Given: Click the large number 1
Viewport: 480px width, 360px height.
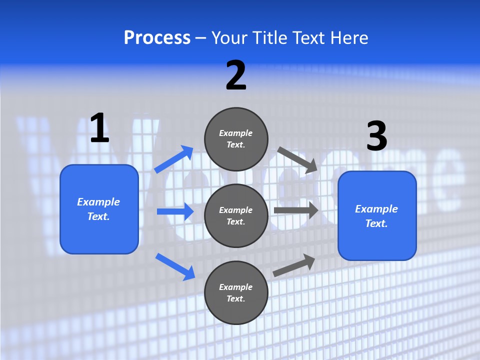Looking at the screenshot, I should point(99,128).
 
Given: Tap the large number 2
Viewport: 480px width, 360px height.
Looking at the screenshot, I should point(236,75).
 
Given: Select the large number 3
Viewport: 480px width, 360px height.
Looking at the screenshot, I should point(376,136).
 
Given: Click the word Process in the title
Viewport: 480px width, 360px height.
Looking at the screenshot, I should point(157,37).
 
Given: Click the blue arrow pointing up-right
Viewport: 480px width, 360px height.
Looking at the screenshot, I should point(174,159).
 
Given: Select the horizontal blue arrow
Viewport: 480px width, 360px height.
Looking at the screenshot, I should point(175,211).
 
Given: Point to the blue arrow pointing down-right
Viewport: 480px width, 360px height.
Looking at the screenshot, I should point(175,266).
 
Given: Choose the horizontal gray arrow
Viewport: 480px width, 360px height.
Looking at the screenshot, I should point(296,210).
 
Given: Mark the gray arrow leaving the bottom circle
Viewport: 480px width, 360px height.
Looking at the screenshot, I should point(294,265).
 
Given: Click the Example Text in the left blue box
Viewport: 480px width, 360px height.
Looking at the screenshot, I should point(98,209).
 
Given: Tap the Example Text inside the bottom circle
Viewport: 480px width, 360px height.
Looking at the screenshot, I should point(236,292).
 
